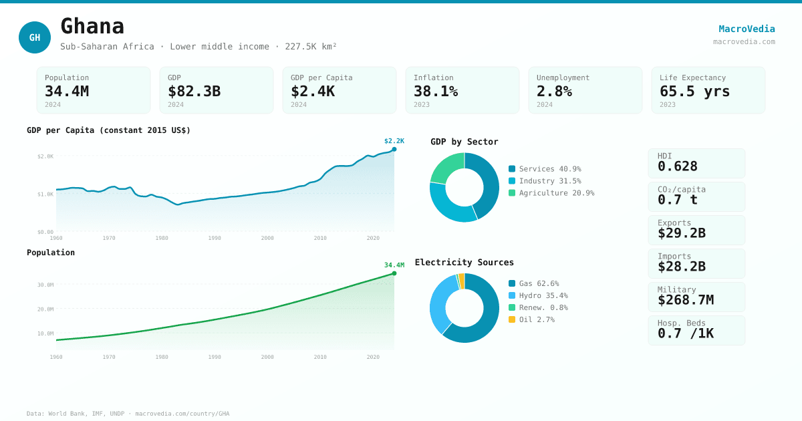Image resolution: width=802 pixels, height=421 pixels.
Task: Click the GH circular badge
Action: (x=35, y=37)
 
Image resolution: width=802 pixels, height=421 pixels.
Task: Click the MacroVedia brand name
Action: (x=747, y=29)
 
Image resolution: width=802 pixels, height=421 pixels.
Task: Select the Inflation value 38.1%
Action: (x=436, y=91)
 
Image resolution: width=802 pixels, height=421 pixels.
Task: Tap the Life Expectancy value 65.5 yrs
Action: (x=695, y=91)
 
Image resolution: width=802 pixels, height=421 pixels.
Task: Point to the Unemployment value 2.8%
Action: (x=554, y=91)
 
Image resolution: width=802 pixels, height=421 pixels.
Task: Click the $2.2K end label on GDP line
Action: (x=394, y=141)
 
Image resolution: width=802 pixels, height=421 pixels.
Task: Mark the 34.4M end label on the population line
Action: (x=394, y=265)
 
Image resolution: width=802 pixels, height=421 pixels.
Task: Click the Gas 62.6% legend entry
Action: (x=539, y=283)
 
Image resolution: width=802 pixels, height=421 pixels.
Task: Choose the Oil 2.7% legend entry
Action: (x=537, y=319)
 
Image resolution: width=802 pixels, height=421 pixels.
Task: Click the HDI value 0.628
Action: (x=678, y=166)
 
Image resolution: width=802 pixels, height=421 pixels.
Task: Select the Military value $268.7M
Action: (x=686, y=300)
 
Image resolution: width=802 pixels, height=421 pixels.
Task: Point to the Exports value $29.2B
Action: (x=682, y=233)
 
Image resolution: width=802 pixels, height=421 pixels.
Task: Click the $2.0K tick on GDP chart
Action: (x=45, y=156)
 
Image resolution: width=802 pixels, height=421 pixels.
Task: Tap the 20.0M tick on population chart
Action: (x=45, y=309)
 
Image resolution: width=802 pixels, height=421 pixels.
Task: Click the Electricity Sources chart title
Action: (x=464, y=263)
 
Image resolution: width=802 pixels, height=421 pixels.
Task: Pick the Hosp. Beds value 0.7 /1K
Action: (x=686, y=333)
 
